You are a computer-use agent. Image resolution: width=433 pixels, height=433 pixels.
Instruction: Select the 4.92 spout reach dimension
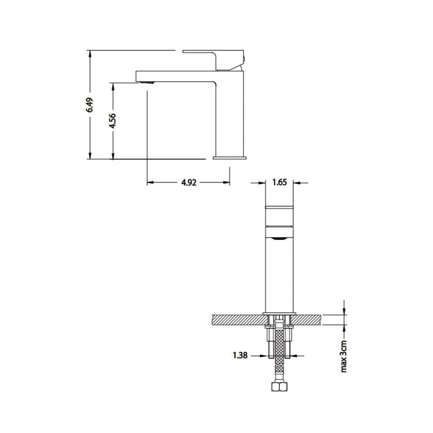188,183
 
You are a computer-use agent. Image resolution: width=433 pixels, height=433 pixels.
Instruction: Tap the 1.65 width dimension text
279,182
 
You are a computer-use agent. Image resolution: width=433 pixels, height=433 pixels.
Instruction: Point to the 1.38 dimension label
241,356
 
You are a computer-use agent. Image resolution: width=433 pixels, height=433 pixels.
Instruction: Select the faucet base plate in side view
230,158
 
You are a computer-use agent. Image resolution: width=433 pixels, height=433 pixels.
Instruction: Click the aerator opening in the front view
279,238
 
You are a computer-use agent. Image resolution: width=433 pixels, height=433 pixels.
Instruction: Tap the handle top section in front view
279,215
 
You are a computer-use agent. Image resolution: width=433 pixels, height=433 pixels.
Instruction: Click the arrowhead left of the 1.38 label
263,356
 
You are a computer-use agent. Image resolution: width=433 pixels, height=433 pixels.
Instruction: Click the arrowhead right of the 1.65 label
296,182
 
